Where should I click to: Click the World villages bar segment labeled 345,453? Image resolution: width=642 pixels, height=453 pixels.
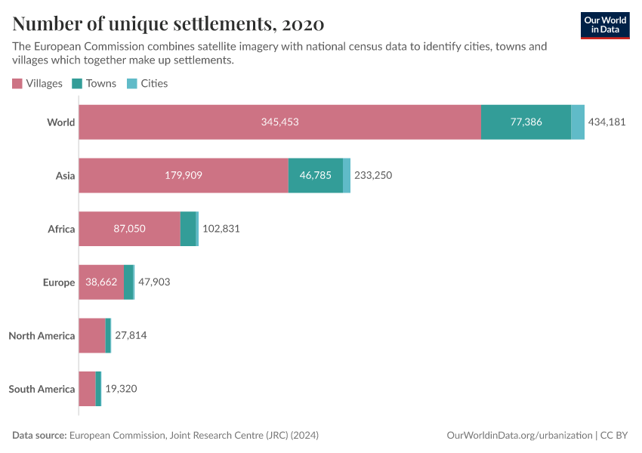coord(279,122)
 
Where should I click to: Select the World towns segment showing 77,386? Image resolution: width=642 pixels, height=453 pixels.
coord(526,122)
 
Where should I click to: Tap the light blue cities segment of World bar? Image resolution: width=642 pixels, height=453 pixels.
coord(578,122)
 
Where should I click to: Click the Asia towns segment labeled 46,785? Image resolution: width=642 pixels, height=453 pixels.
coord(315,175)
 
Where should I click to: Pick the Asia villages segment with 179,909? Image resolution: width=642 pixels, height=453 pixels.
coord(184,175)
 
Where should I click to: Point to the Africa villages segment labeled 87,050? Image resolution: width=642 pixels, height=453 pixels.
coord(129,229)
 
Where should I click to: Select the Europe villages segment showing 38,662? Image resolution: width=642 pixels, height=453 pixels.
coord(101,282)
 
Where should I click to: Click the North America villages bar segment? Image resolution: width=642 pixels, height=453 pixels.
coord(92,335)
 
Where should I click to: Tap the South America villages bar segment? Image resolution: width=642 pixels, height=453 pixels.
coord(87,389)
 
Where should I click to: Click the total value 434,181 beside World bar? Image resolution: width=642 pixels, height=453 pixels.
coord(607,122)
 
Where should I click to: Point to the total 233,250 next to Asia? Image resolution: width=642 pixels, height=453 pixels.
coord(373,175)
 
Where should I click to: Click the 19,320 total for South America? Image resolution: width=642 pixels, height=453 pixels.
coord(121,389)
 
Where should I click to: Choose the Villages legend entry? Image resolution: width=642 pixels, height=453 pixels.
coord(38,83)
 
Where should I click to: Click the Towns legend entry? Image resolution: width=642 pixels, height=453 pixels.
coord(94,83)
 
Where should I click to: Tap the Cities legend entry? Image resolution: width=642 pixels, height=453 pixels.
coord(147,83)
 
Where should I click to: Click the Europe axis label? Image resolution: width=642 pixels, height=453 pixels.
coord(59,282)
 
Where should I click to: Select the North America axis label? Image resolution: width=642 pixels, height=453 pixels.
coord(42,335)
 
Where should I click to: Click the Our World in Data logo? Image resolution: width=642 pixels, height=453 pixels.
coord(605,25)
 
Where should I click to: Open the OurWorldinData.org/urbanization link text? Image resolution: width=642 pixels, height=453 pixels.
coord(520,436)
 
